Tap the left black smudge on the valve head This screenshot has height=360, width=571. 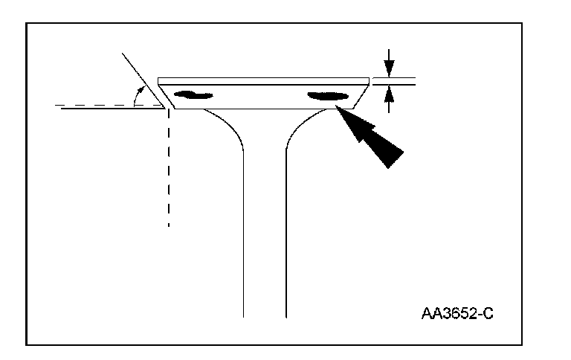tap(192, 94)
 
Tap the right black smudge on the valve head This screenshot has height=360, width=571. tap(327, 95)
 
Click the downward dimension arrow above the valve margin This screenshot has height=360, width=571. tap(387, 61)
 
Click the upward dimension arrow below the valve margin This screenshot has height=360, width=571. tap(387, 98)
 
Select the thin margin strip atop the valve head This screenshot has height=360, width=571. tap(264, 79)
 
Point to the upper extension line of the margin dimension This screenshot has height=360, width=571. tap(394, 77)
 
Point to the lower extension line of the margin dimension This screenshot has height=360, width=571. tap(394, 83)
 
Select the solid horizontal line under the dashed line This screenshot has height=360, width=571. tap(112, 109)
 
